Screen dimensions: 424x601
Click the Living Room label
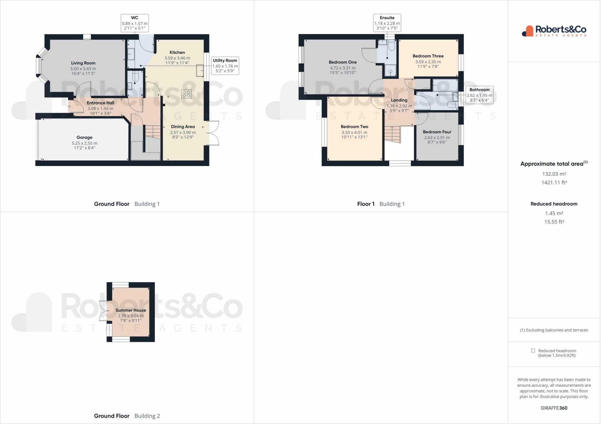[83, 63]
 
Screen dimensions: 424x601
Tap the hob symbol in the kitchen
[187, 94]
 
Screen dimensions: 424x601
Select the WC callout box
[135, 23]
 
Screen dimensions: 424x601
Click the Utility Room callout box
[225, 66]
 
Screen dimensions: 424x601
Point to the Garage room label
[85, 138]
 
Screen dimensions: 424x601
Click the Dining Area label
[183, 127]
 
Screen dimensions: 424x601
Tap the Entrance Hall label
[100, 103]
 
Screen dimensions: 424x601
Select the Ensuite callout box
[387, 23]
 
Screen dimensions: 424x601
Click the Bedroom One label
[343, 62]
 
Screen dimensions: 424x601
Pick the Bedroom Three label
[428, 56]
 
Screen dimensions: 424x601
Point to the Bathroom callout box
[480, 95]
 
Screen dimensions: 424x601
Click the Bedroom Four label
[437, 132]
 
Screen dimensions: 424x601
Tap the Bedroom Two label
[354, 127]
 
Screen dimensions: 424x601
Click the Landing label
[399, 100]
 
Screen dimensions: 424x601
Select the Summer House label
[131, 310]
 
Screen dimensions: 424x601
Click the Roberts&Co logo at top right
[554, 31]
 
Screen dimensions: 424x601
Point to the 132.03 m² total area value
[554, 174]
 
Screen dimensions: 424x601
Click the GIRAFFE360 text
[554, 408]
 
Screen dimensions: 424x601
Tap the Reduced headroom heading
[554, 204]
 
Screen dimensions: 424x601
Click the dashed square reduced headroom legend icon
[533, 351]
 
